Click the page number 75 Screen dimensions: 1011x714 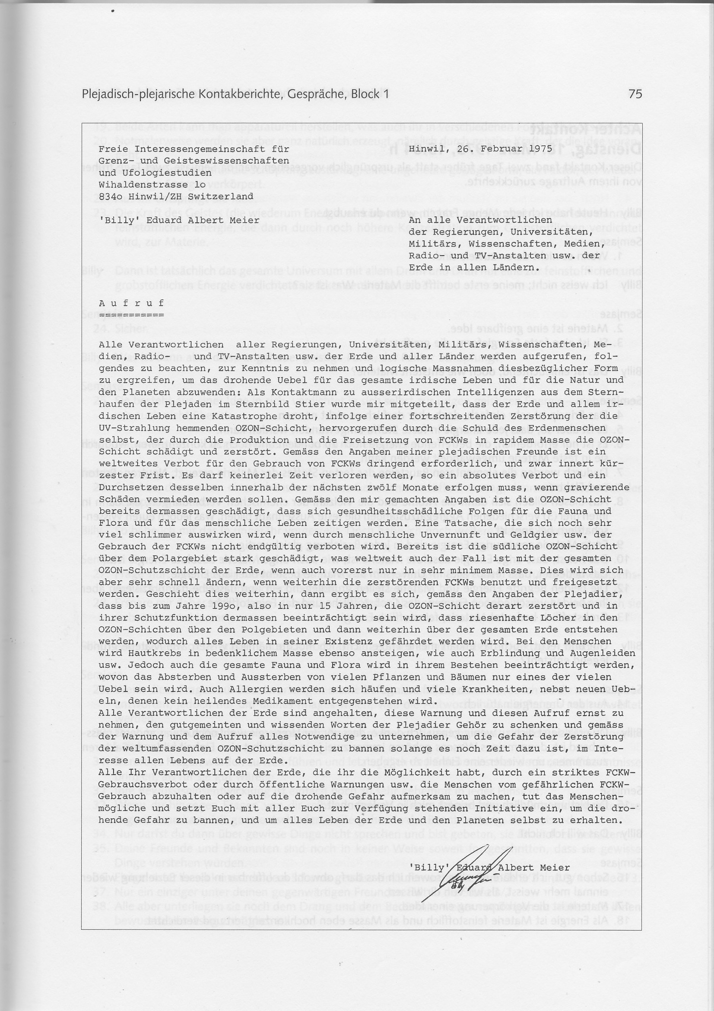tap(635, 94)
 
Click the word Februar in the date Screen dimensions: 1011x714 tap(489, 149)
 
